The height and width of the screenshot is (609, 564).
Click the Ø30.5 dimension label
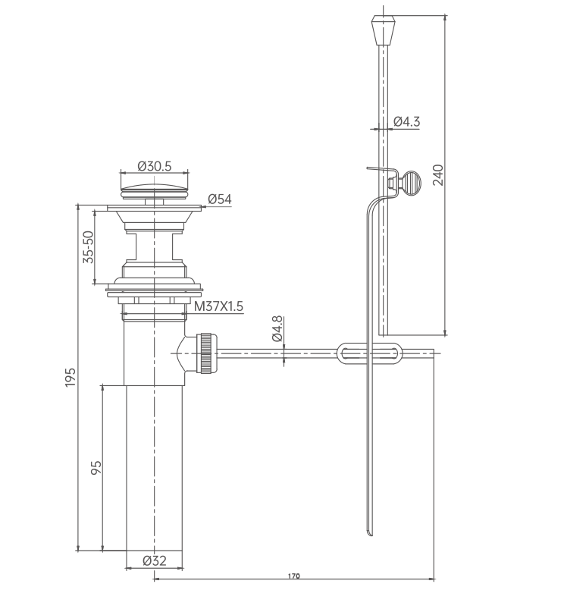point(155,166)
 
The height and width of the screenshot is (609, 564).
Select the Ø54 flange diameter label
point(220,199)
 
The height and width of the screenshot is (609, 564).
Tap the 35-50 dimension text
point(89,247)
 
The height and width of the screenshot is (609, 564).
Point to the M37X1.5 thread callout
point(218,306)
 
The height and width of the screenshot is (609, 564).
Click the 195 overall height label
point(70,377)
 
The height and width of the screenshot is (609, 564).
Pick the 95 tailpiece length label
point(96,467)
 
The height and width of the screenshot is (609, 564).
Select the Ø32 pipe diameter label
point(155,560)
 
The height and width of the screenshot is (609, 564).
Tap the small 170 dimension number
point(294,576)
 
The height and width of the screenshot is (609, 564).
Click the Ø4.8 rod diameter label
point(277,328)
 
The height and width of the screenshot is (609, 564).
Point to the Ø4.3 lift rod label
point(407,121)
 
